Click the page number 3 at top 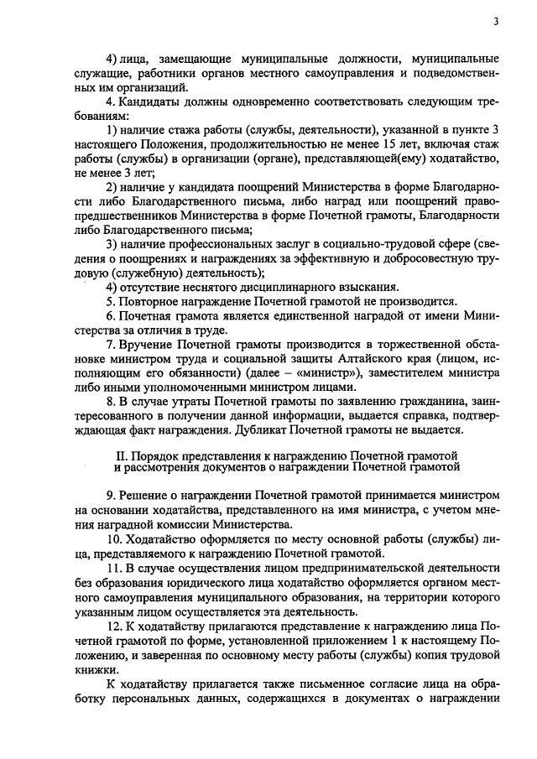(x=496, y=22)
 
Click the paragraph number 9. (x=110, y=494)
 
